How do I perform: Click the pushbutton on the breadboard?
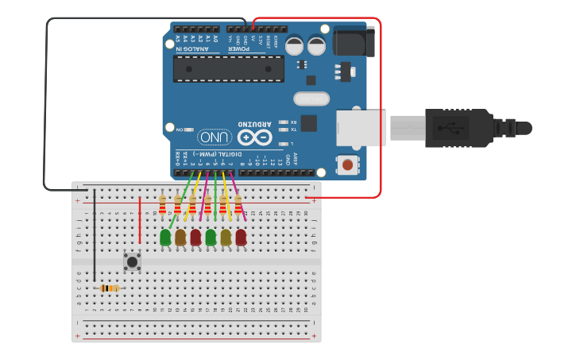click(132, 261)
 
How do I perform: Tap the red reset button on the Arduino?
click(347, 165)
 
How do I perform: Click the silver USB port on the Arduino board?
click(361, 127)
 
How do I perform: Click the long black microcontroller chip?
click(229, 68)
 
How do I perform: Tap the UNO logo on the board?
click(215, 136)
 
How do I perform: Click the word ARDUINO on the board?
click(255, 124)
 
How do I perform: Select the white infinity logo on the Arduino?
click(254, 137)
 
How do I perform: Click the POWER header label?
click(239, 49)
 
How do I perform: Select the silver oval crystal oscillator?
click(311, 99)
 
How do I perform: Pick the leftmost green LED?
click(165, 236)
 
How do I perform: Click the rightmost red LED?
click(241, 236)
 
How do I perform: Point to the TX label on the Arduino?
click(292, 129)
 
